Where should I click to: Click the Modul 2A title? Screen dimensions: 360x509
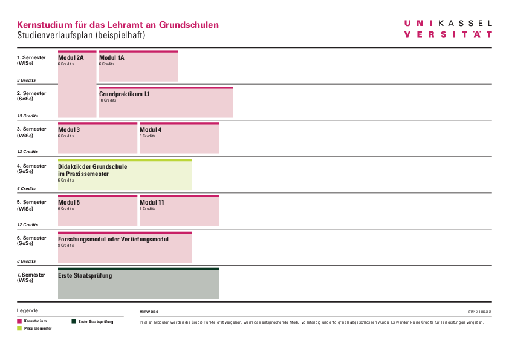71,58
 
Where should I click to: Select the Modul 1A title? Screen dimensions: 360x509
112,58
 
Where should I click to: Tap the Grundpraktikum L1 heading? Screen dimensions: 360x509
125,94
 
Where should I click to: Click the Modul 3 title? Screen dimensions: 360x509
69,130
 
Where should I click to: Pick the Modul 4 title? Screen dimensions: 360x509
151,130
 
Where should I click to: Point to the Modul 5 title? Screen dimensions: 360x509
69,203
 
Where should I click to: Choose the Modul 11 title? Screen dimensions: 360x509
152,203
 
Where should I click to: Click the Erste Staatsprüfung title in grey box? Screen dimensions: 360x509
85,276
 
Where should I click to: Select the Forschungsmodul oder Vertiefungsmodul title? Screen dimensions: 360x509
113,239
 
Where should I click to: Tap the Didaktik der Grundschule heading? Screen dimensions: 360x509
92,166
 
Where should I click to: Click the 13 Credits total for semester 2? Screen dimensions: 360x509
27,116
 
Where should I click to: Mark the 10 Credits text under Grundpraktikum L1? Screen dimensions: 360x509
107,100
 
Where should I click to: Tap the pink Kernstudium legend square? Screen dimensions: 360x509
19,321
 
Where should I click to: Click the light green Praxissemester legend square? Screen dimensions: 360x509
19,328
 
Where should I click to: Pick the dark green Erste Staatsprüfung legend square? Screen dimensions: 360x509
74,321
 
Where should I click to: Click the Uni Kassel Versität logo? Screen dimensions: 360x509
448,29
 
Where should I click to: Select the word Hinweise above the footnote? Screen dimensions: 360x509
149,311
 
